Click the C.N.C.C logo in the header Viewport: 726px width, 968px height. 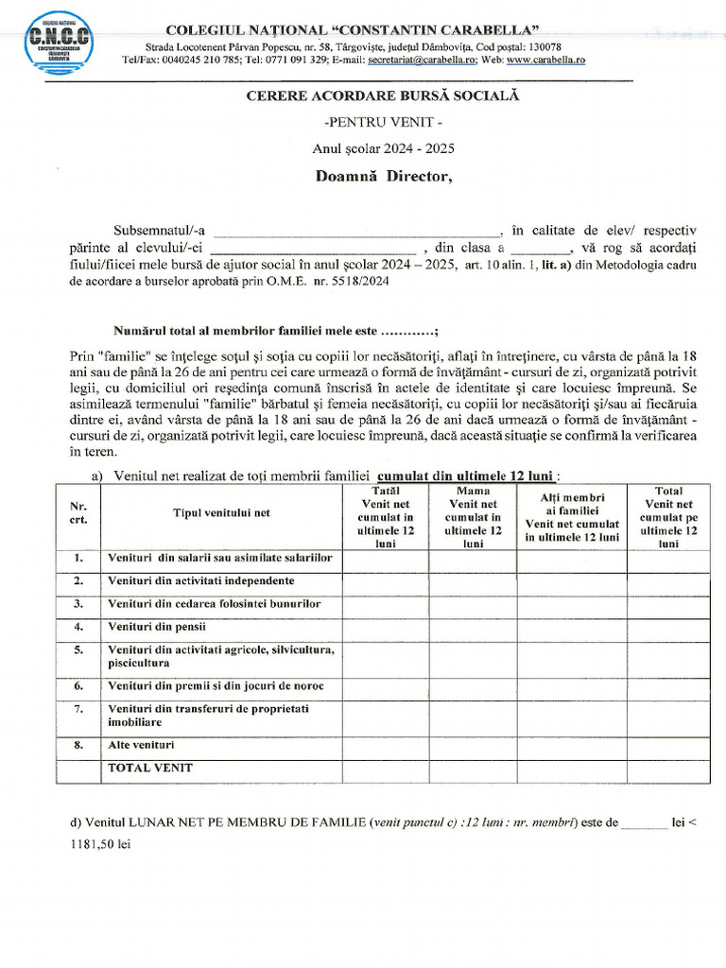pos(60,41)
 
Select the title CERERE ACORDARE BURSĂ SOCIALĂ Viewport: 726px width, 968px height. pos(382,95)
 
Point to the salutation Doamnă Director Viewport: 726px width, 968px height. pos(383,176)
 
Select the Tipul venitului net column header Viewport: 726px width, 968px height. pos(221,512)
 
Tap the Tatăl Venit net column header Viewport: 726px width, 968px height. pos(386,518)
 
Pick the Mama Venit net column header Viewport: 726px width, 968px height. pos(473,518)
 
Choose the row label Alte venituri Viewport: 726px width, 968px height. pos(141,745)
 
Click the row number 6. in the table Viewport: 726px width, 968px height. pos(78,685)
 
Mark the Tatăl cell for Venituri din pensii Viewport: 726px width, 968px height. pos(386,627)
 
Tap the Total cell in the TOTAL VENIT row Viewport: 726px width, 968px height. pos(667,770)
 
